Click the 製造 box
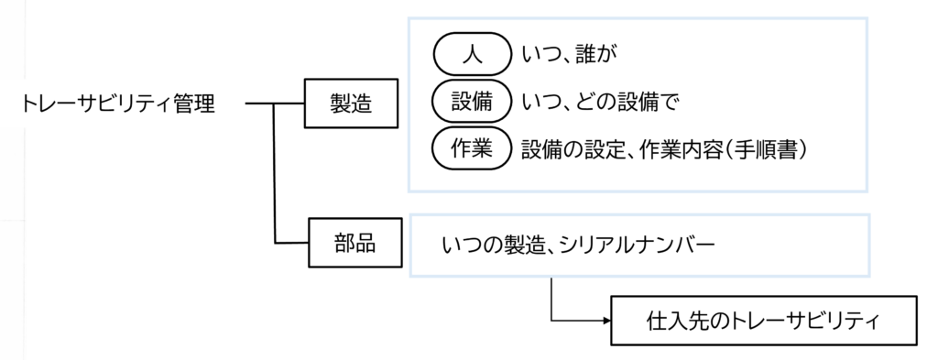click(350, 104)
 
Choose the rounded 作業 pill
click(471, 149)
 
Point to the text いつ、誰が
click(569, 56)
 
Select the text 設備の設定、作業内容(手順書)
click(663, 149)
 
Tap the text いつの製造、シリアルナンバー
click(578, 245)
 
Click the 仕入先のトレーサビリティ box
click(763, 321)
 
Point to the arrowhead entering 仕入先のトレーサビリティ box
click(605, 321)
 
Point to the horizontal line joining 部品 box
click(292, 243)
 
